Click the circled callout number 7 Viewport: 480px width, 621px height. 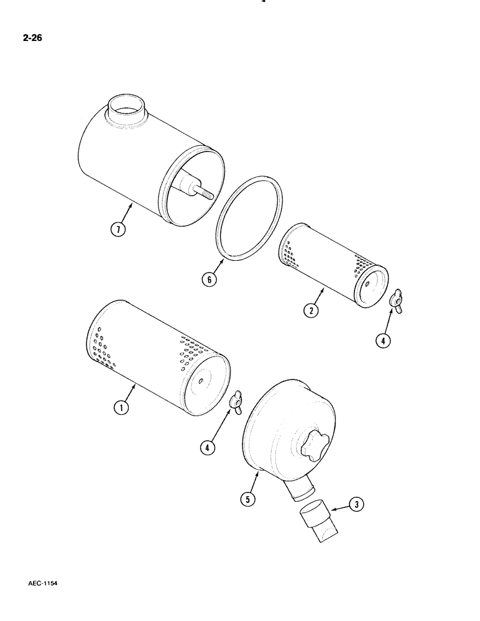tap(118, 230)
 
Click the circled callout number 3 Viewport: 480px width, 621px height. tap(356, 505)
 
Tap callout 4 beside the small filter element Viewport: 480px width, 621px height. tap(384, 340)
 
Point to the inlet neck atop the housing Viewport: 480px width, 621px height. tap(129, 107)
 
